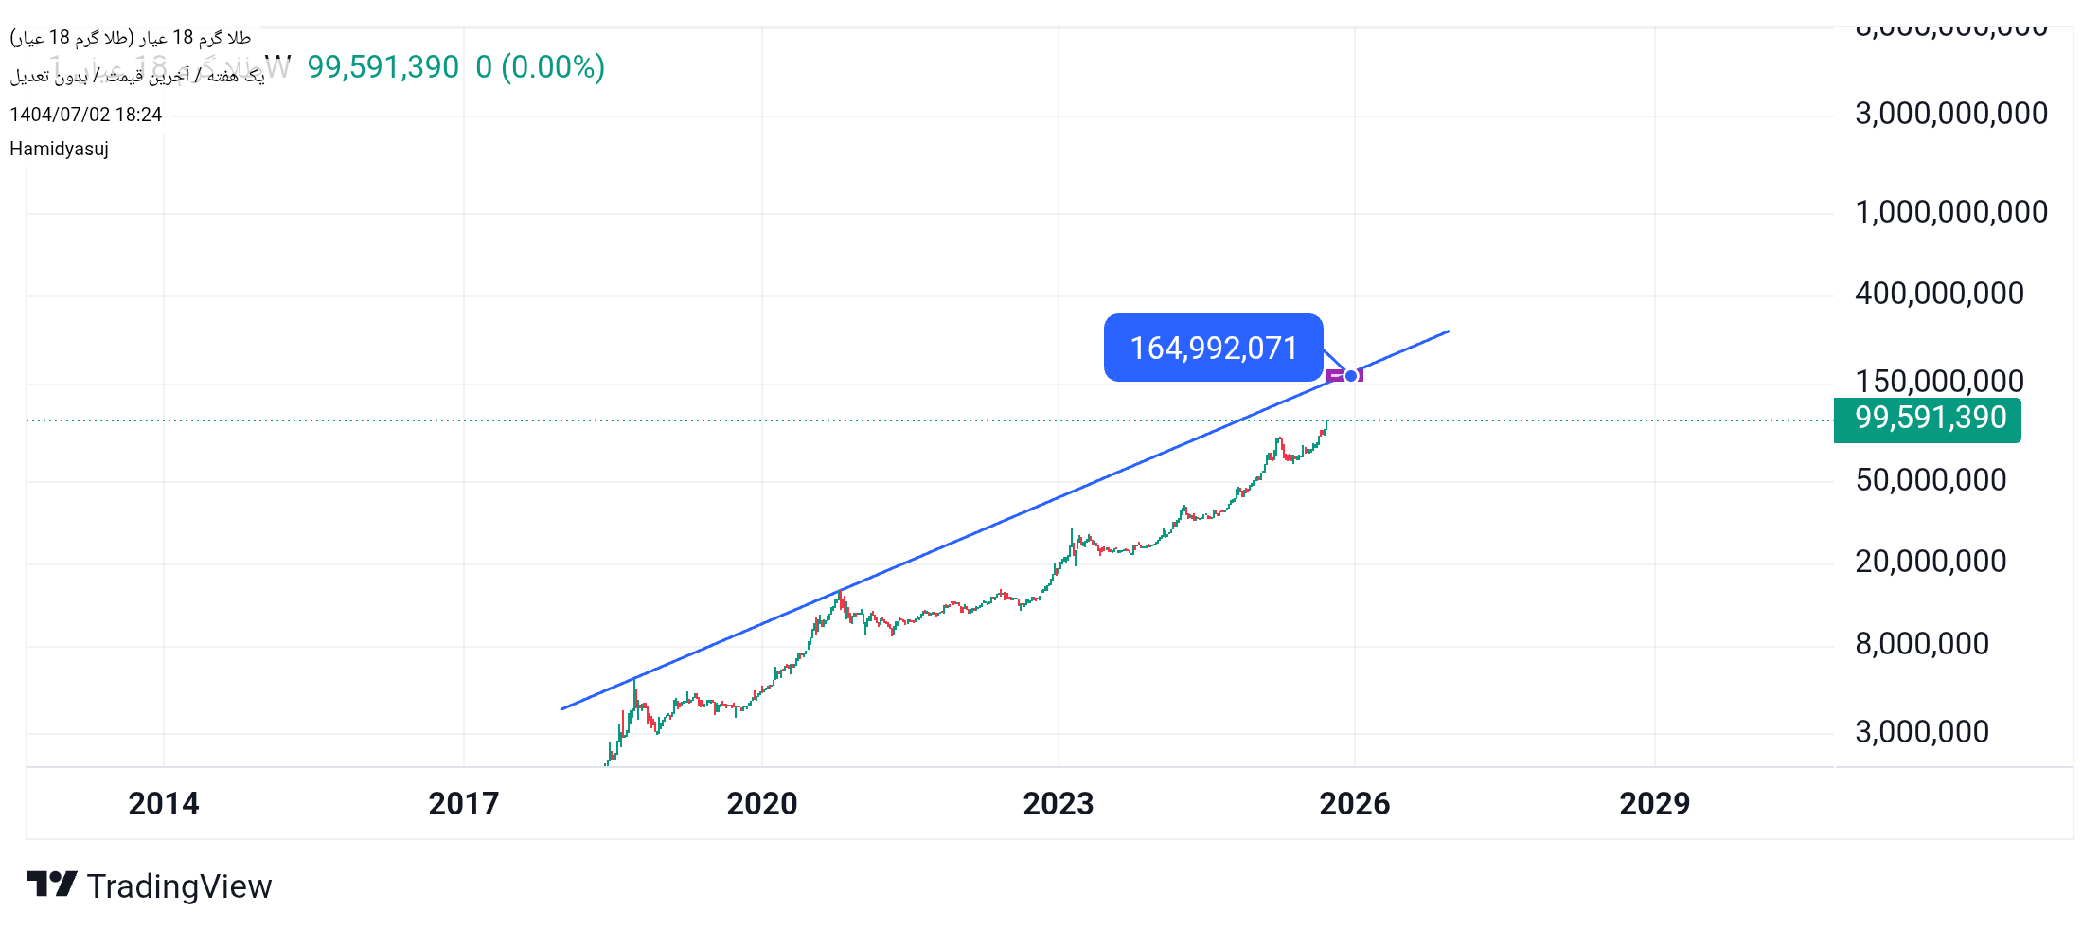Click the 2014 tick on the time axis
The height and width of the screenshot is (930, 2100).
(x=164, y=804)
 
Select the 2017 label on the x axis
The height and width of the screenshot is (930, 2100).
(x=463, y=804)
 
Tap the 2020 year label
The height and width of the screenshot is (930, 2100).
(x=761, y=804)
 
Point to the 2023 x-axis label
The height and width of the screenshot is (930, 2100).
(x=1058, y=804)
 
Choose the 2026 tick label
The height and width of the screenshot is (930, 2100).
(x=1354, y=804)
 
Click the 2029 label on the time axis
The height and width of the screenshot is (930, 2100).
(x=1654, y=804)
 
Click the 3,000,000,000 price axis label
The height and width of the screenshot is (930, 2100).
(x=1950, y=114)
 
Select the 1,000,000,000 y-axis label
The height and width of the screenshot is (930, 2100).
(x=1950, y=212)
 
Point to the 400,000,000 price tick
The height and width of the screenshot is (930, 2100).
(x=1939, y=294)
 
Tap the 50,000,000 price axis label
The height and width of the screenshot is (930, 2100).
(x=1931, y=480)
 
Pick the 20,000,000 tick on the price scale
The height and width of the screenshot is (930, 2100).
(x=1931, y=562)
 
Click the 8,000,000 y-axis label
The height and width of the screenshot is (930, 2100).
(x=1921, y=644)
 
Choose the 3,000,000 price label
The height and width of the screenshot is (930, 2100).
(x=1921, y=732)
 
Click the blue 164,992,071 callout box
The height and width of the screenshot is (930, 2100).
(x=1213, y=348)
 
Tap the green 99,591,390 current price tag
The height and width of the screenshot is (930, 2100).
(x=1929, y=419)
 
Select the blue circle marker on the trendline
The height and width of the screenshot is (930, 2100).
(x=1351, y=376)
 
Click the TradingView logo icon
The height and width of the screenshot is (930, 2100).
(x=51, y=885)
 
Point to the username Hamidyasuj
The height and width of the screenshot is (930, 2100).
(x=59, y=149)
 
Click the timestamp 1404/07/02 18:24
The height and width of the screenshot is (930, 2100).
(x=85, y=115)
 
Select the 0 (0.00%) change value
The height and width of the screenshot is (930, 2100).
(x=540, y=67)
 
